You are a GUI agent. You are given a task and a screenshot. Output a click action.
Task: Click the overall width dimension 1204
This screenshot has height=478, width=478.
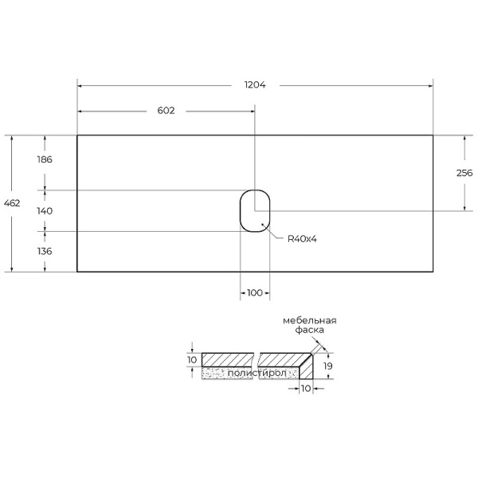tap(255, 84)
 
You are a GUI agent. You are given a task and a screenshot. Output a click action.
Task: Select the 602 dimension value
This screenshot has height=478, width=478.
tap(166, 111)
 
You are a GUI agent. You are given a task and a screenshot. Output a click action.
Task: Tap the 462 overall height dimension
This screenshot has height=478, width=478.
tap(12, 203)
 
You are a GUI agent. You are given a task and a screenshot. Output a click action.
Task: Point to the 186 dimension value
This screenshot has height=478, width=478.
tap(45, 160)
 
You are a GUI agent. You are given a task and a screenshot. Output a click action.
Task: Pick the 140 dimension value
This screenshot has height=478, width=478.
tap(45, 211)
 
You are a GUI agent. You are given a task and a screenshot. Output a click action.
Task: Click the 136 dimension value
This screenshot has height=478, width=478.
tap(45, 251)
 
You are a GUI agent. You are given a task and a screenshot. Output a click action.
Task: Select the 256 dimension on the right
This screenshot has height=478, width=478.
tap(464, 173)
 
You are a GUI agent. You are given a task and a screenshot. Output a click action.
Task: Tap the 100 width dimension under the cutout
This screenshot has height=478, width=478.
tap(254, 293)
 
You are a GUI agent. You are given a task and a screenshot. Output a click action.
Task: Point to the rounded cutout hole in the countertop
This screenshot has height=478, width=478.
tap(255, 211)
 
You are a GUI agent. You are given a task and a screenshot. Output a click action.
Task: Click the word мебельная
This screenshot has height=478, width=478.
tap(310, 320)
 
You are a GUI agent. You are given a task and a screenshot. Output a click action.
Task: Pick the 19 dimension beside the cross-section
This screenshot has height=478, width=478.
tap(328, 366)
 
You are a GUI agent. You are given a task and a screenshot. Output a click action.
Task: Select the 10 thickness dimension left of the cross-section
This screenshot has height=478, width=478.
tap(192, 360)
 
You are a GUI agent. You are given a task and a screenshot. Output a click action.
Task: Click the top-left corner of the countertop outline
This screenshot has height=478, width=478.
tap(77, 135)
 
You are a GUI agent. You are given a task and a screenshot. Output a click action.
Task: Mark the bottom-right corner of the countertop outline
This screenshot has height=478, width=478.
tap(433, 272)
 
